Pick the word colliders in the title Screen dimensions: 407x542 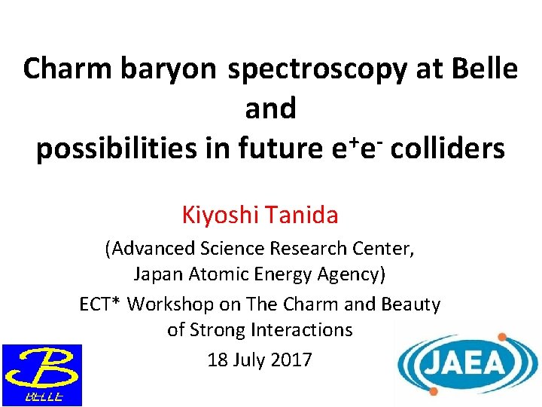(447, 149)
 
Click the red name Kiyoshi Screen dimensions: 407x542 (219, 216)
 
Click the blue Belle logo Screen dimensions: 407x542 (41, 375)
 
